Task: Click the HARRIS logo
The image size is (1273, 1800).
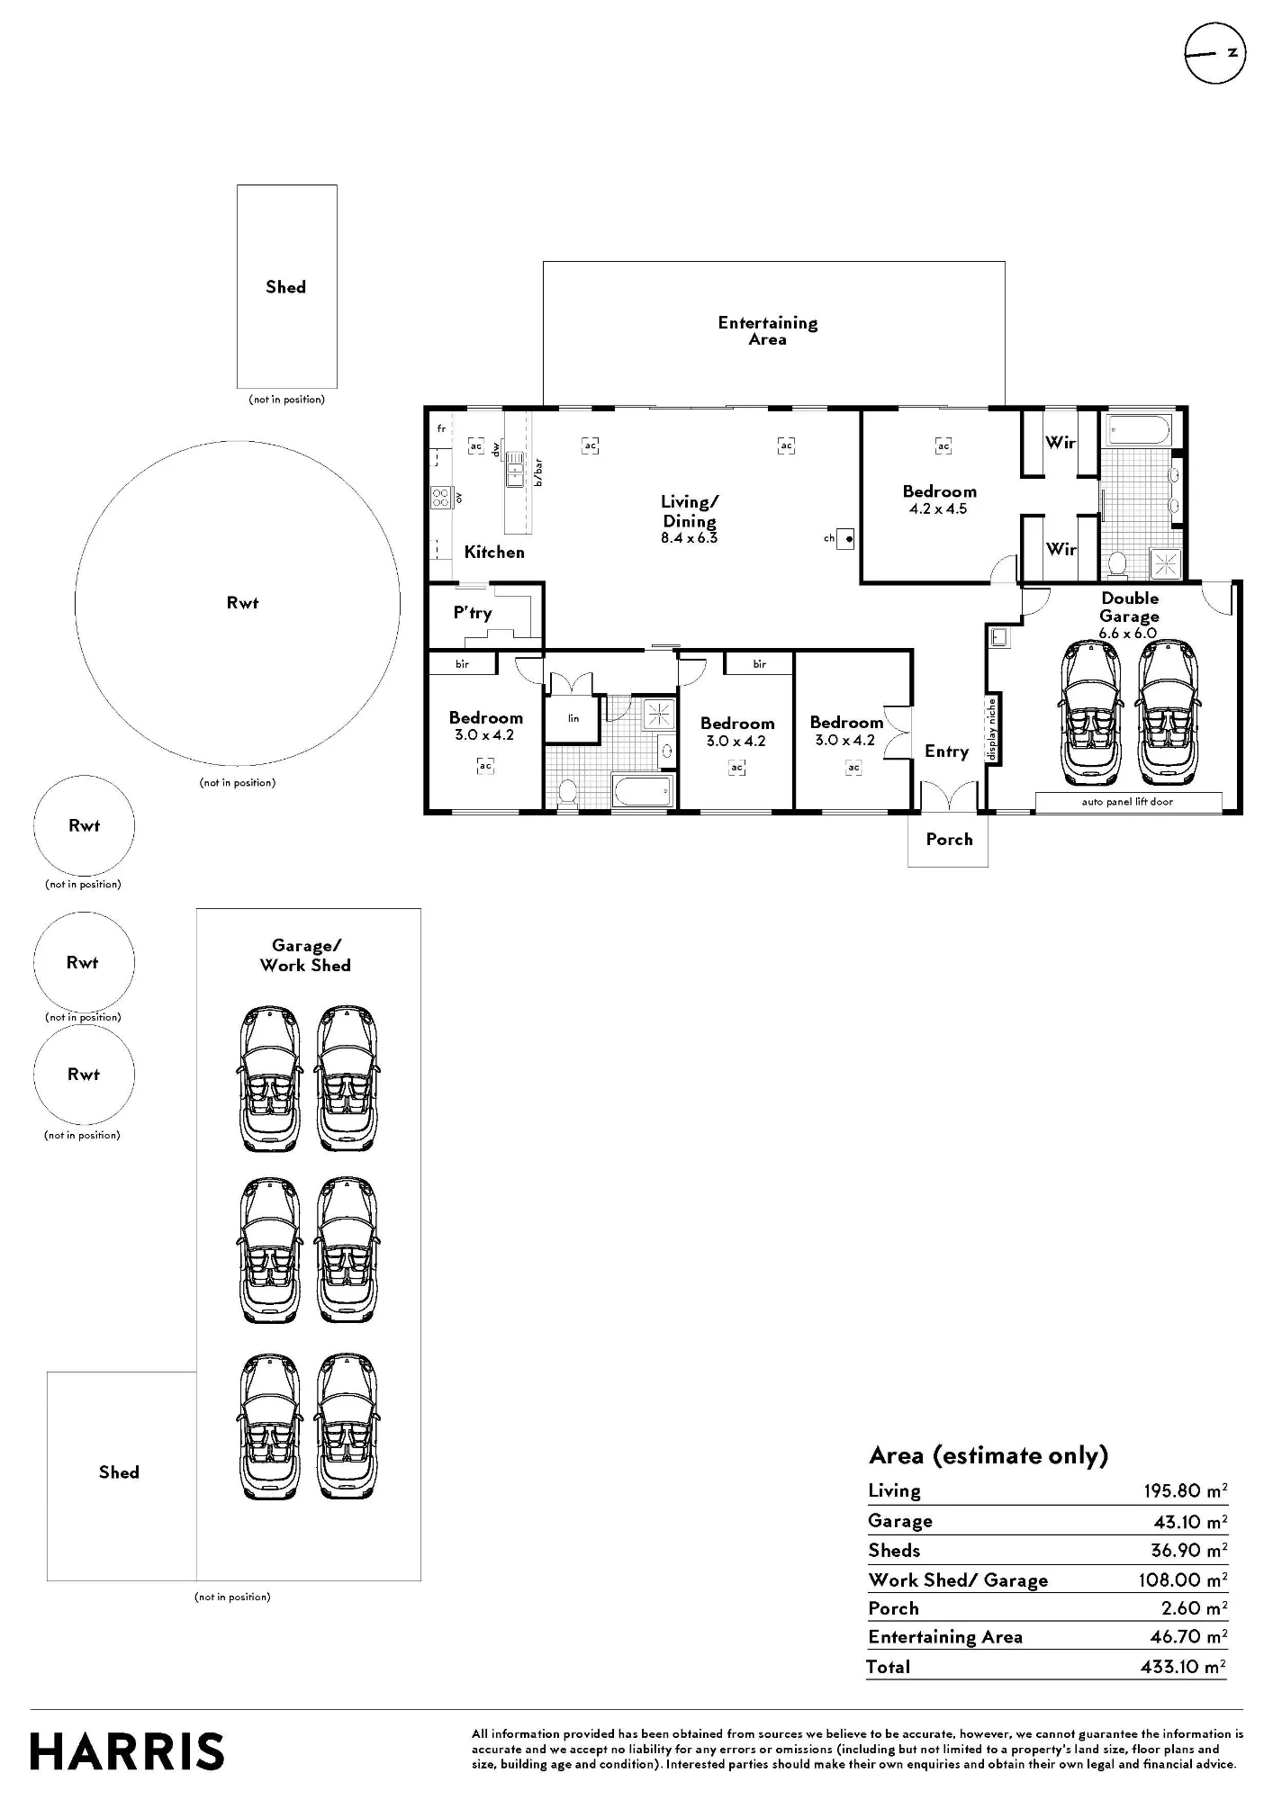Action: coord(127,1752)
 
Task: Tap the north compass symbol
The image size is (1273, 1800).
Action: coord(1214,54)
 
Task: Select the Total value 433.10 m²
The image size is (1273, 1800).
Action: coord(1183,1667)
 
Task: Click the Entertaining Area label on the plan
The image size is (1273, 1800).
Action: coord(768,330)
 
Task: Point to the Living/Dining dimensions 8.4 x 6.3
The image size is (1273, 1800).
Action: coord(689,538)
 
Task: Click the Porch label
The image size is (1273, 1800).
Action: coord(949,839)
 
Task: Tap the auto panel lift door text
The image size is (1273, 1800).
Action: coord(1127,801)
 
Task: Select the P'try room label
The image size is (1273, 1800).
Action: coord(473,613)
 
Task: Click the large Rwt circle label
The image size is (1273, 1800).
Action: coord(242,603)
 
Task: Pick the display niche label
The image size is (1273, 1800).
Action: coord(992,729)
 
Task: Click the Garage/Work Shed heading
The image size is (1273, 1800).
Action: coord(305,955)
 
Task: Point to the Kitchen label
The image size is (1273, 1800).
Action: coord(494,552)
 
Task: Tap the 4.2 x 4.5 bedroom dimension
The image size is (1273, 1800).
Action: coord(938,508)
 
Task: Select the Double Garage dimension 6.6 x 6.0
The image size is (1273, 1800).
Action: coord(1127,633)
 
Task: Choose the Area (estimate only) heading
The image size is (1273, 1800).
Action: coord(989,1456)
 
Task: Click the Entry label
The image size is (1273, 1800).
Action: coord(946,751)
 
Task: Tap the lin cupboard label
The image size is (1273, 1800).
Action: coord(573,718)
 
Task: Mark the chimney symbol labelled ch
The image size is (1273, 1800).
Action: coord(845,539)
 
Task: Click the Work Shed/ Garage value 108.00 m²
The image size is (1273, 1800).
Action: coord(1183,1579)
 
